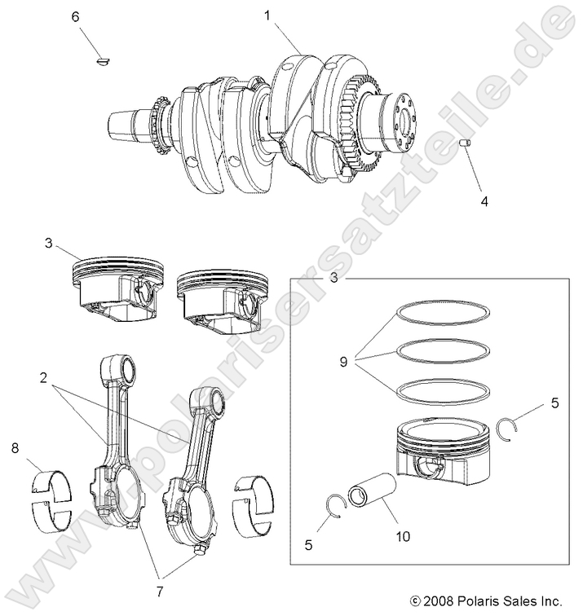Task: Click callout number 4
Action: (x=486, y=200)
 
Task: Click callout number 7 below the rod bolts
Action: (x=160, y=589)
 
